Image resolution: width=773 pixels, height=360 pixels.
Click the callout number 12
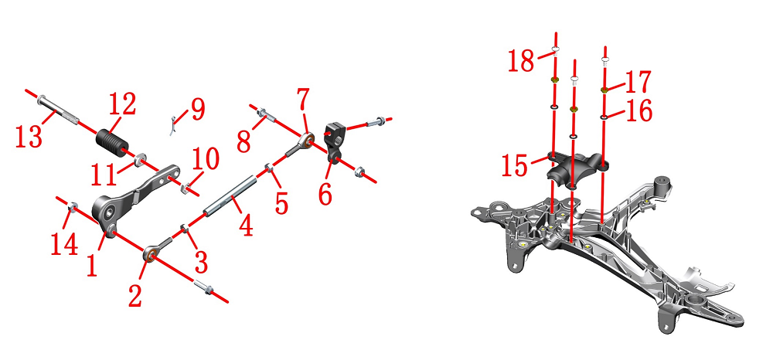click(x=122, y=105)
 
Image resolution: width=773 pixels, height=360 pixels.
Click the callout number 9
click(x=197, y=110)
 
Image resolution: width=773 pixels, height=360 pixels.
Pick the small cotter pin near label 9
click(x=172, y=125)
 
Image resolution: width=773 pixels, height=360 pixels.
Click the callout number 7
click(x=303, y=100)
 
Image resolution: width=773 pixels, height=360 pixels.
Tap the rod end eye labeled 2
click(x=151, y=254)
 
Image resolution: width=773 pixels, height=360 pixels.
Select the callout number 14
click(x=65, y=244)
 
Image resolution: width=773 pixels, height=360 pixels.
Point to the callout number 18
click(x=520, y=60)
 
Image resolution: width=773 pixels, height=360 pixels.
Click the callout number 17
click(x=638, y=82)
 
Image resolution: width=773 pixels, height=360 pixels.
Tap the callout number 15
click(x=515, y=165)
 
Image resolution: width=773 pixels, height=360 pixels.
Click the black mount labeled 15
click(x=577, y=169)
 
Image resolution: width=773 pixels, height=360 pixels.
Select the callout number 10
click(x=206, y=160)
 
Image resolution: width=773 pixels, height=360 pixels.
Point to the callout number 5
click(x=281, y=203)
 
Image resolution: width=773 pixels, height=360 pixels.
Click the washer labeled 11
click(x=139, y=160)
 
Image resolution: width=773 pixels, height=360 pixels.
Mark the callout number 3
click(x=201, y=263)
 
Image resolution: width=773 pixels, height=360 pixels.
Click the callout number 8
click(x=244, y=142)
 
